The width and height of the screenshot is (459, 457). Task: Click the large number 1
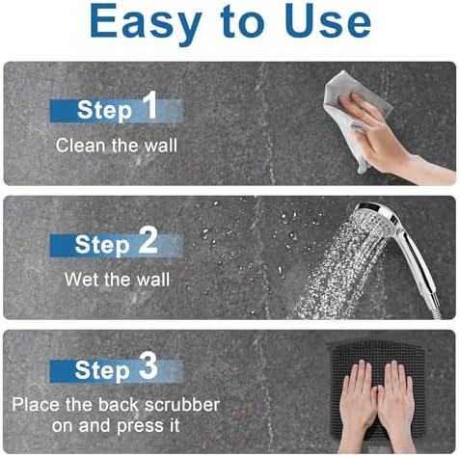(148, 106)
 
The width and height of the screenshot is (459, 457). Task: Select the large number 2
(148, 241)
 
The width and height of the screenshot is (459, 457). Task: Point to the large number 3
(148, 367)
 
